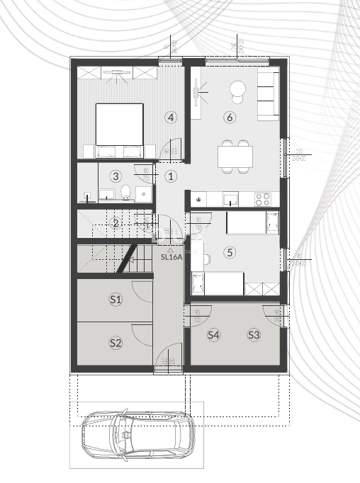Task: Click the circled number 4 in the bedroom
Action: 170,117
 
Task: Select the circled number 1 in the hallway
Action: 170,176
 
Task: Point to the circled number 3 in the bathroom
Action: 116,176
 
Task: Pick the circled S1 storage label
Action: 116,300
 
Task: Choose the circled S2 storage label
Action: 116,343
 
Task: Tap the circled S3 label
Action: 254,335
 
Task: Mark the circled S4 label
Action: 213,335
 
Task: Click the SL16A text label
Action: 171,258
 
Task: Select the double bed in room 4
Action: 119,123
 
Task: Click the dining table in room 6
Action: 235,155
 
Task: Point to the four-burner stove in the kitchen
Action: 262,199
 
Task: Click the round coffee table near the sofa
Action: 237,89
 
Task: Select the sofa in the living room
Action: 267,95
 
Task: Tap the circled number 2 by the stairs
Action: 116,223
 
